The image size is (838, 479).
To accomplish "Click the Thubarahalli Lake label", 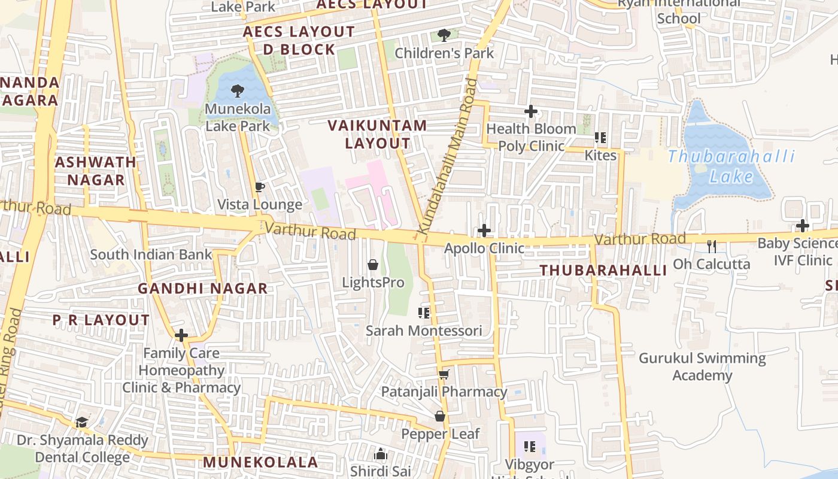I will [731, 166].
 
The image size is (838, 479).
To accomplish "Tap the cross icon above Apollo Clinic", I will [484, 231].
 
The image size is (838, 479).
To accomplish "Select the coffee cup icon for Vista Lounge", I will [260, 187].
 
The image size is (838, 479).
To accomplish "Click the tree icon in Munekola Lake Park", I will [238, 91].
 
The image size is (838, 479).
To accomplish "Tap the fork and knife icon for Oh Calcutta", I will [711, 246].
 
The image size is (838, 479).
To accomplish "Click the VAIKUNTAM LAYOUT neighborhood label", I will [378, 134].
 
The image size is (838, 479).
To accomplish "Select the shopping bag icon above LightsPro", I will [373, 265].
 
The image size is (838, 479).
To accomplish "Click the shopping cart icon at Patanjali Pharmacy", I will [444, 374].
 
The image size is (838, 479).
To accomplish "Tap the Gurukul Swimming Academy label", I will [702, 366].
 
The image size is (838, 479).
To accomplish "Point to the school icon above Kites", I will [600, 138].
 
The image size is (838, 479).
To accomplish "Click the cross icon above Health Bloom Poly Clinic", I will [530, 111].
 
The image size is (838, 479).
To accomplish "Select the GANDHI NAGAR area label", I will [203, 288].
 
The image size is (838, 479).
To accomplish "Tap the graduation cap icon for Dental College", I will [82, 422].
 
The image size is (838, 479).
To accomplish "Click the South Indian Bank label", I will [151, 254].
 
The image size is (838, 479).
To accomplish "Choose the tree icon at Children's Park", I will [444, 35].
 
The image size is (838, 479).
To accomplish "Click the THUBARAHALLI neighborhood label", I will [603, 270].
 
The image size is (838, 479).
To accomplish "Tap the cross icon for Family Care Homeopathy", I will [181, 335].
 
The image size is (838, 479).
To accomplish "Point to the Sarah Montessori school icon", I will [424, 313].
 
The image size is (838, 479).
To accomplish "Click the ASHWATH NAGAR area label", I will [96, 171].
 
